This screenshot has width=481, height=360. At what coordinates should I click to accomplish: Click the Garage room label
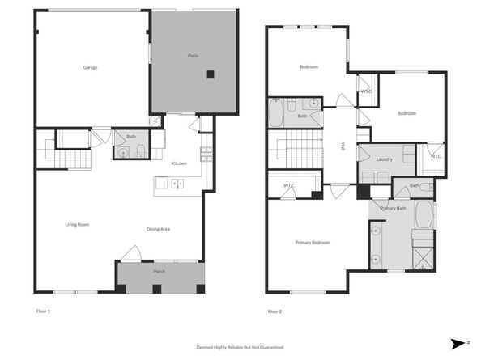click(x=90, y=67)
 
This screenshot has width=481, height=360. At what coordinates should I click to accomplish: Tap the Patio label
click(x=194, y=55)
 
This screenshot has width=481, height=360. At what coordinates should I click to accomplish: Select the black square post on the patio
click(x=210, y=74)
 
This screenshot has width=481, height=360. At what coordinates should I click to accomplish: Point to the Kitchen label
click(x=179, y=163)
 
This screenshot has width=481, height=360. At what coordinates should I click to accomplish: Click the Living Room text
click(x=77, y=224)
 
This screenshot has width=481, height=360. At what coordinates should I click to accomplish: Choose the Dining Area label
click(x=158, y=229)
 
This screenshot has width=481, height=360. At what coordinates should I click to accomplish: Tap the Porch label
click(x=160, y=271)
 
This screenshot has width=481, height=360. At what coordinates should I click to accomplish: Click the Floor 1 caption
click(x=43, y=311)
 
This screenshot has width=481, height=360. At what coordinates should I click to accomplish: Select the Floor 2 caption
click(x=275, y=311)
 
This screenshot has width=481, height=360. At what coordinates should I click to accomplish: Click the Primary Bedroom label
click(x=312, y=242)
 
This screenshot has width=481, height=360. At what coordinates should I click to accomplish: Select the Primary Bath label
click(x=392, y=209)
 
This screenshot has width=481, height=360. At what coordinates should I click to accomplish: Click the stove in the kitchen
click(x=206, y=154)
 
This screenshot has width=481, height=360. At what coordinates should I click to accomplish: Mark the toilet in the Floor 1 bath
click(x=139, y=150)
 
